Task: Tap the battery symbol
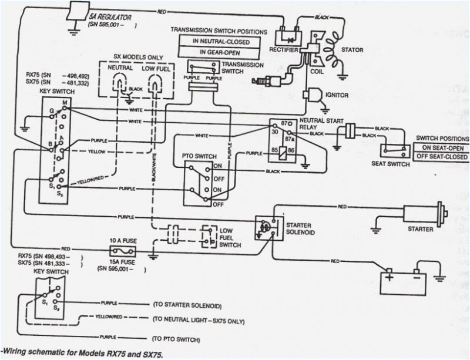coord(403,280)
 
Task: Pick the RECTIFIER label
coord(283,49)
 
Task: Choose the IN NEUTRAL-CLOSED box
coord(221,42)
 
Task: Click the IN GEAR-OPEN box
coord(221,52)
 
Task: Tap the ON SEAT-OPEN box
coord(444,147)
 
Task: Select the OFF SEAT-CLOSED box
coord(444,157)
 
